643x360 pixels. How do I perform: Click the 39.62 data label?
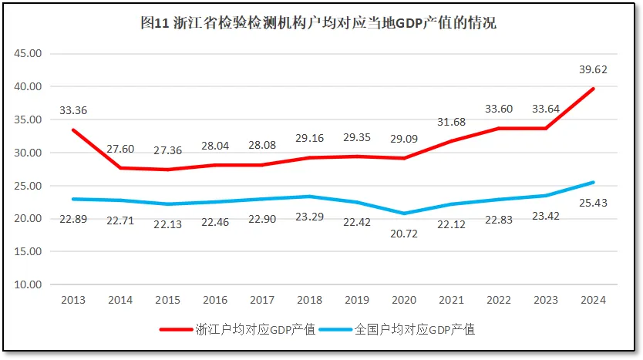[x=594, y=69]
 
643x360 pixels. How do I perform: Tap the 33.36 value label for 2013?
[x=73, y=110]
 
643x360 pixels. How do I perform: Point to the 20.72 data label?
[x=403, y=233]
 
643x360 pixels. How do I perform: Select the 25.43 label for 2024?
[x=594, y=201]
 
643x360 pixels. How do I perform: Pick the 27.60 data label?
[x=120, y=148]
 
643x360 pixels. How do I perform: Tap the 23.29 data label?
[x=309, y=217]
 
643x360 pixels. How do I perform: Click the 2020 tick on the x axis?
[x=404, y=300]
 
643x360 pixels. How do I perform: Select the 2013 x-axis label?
[x=73, y=300]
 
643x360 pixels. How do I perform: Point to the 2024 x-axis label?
[x=593, y=300]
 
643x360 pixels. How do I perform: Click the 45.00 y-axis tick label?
[x=30, y=54]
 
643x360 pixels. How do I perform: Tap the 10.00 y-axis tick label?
[x=30, y=284]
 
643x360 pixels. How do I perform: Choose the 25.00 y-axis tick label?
[x=30, y=186]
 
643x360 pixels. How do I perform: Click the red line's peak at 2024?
[x=593, y=89]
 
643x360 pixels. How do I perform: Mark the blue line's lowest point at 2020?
[x=404, y=213]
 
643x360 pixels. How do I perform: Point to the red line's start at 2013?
[x=73, y=130]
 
